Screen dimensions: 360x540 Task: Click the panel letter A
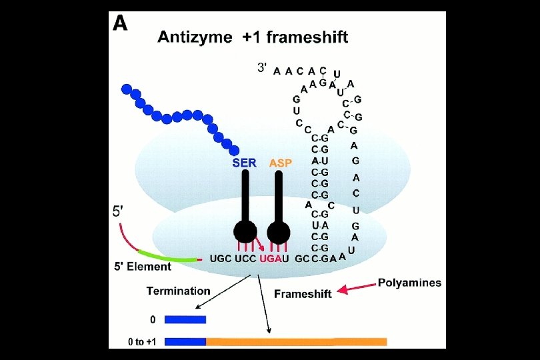tap(120, 25)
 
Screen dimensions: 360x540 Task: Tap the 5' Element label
tap(143, 267)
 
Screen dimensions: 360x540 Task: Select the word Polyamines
tap(409, 283)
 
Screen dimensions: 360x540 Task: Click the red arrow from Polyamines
tap(357, 288)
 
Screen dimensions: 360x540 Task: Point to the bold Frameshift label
tap(303, 293)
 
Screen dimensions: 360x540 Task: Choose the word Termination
tap(179, 291)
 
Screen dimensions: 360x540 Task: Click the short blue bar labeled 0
tap(185, 319)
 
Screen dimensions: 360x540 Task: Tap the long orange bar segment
tap(296, 341)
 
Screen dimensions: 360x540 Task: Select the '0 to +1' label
tap(142, 341)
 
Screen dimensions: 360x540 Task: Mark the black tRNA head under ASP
tap(279, 232)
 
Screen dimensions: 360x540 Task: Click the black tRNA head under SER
tap(245, 232)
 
